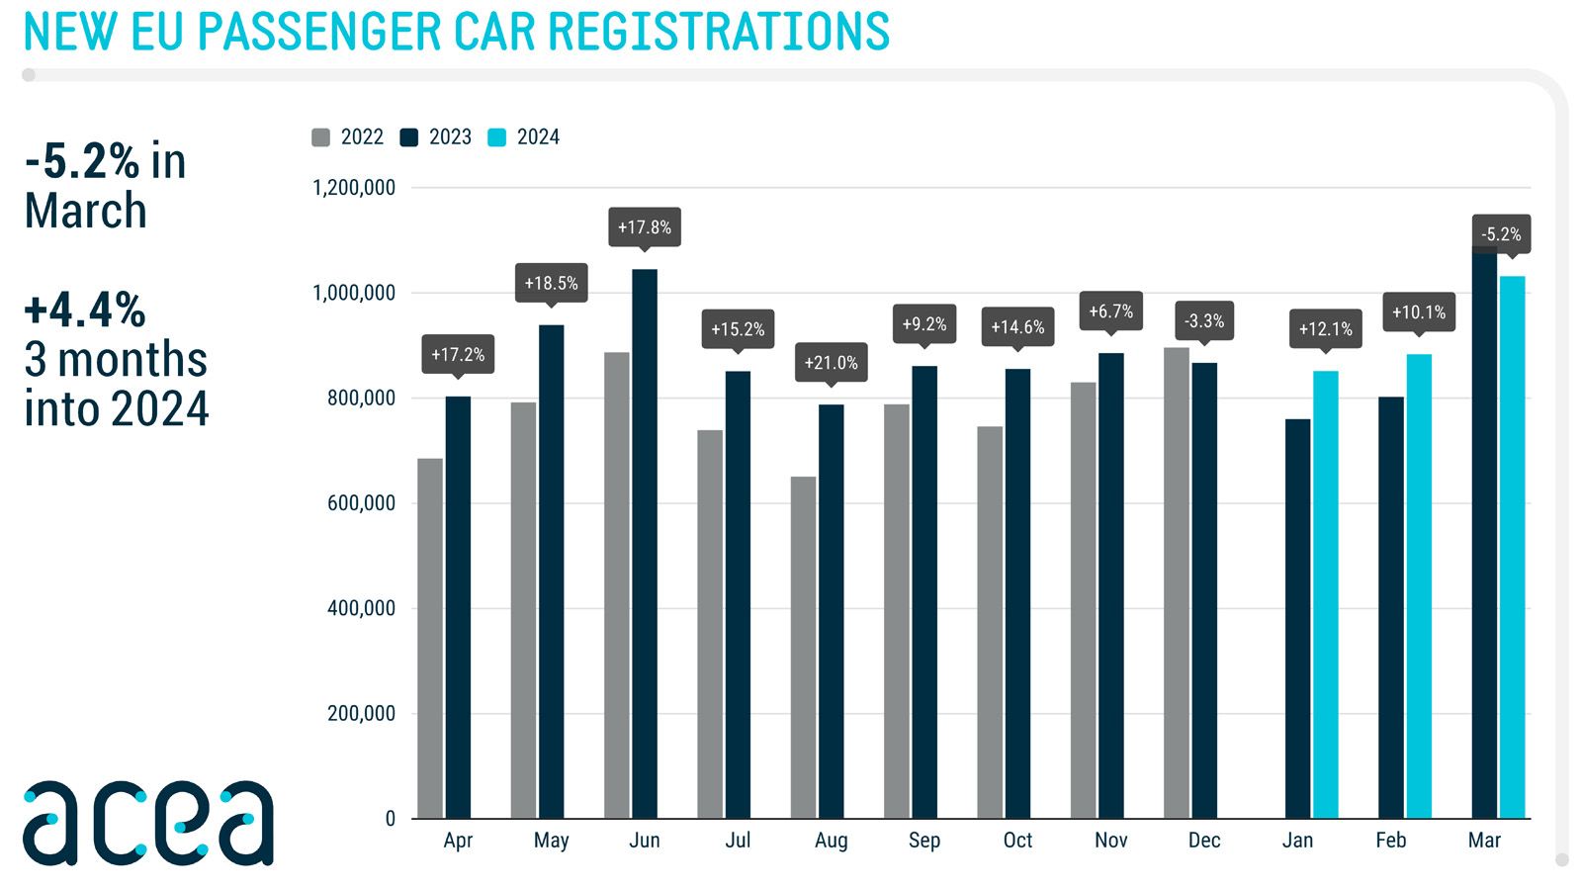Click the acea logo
(148, 823)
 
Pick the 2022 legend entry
(348, 137)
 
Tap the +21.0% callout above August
(831, 362)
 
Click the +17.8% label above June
(645, 226)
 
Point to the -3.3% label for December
(1204, 320)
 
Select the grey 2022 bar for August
(803, 648)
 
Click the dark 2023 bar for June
(645, 544)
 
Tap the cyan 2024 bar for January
(1326, 594)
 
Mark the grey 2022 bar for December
(1177, 582)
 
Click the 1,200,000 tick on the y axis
(354, 188)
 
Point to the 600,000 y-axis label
(361, 503)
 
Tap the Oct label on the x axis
(1017, 841)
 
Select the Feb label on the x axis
(1390, 841)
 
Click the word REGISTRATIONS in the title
(719, 32)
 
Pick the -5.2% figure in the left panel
(82, 161)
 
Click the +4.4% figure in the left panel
(85, 310)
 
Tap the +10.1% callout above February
(1419, 311)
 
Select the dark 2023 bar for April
(458, 607)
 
